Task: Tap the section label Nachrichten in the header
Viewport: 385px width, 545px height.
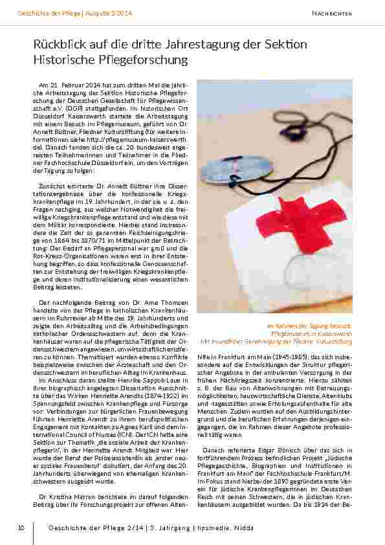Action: pyautogui.click(x=331, y=13)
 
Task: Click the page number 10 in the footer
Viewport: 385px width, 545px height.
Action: pyautogui.click(x=21, y=528)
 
